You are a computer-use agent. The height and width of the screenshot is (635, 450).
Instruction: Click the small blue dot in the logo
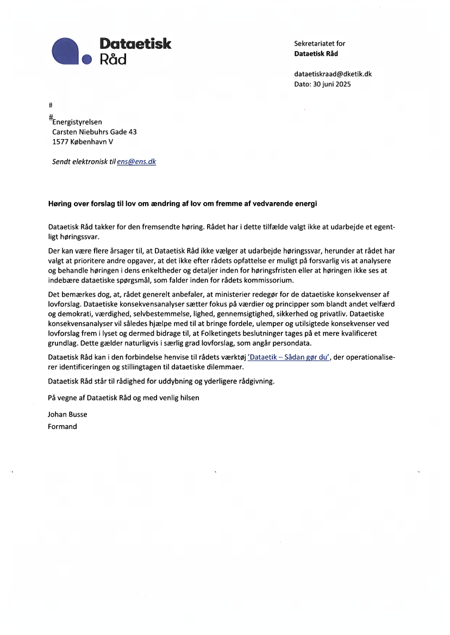(87, 59)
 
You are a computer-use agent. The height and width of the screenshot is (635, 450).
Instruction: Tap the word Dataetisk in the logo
(135, 43)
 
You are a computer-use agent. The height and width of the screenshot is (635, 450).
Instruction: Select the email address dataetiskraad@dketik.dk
(333, 74)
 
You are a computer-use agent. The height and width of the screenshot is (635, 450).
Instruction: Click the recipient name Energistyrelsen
(77, 122)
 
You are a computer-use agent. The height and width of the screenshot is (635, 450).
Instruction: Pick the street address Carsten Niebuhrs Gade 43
(94, 132)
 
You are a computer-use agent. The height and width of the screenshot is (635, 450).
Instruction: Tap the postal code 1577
(60, 142)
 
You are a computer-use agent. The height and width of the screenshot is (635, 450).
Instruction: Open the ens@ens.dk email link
(136, 161)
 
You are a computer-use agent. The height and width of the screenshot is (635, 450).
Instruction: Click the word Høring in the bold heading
(59, 204)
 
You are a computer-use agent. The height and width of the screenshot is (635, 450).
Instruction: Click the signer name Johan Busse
(67, 414)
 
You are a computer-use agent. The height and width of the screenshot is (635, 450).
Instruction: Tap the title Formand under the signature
(62, 426)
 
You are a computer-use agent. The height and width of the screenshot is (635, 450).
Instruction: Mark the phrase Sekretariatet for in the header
(320, 43)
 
